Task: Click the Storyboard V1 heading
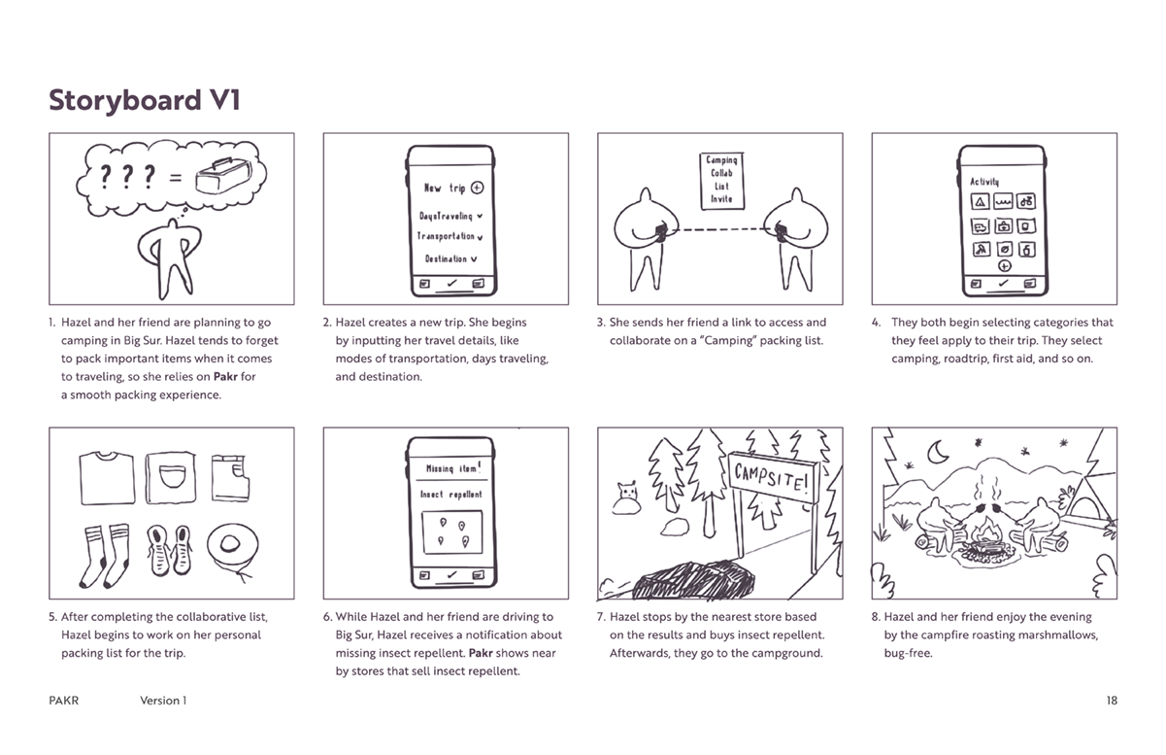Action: point(145,101)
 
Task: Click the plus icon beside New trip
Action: point(477,189)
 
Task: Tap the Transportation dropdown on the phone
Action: point(450,236)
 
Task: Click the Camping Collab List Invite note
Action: point(721,179)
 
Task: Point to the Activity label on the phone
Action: point(984,182)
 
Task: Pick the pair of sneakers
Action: point(168,554)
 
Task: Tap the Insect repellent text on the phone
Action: point(450,495)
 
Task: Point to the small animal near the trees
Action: point(628,498)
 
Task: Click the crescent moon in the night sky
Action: point(939,452)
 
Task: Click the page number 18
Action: point(1111,700)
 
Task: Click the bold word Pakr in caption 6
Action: point(483,653)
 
